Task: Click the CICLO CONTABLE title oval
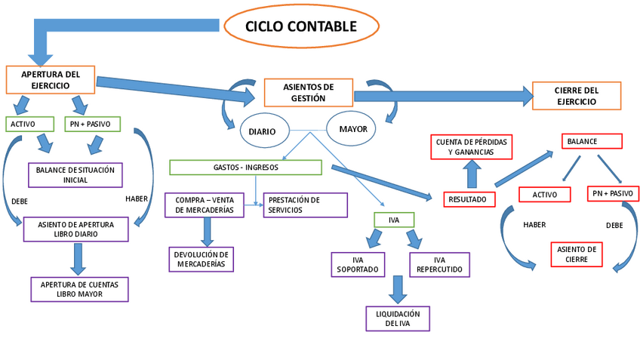tap(301, 26)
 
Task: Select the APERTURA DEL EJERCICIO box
tap(51, 80)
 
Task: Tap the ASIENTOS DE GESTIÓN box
tap(308, 92)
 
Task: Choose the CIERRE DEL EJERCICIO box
tap(577, 96)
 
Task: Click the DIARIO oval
tap(263, 131)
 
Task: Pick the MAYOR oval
tap(352, 129)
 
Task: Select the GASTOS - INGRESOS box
tap(245, 167)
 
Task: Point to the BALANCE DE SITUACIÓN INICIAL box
tap(75, 175)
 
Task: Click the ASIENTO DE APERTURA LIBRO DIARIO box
tap(75, 229)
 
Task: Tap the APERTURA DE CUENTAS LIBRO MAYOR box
tap(79, 289)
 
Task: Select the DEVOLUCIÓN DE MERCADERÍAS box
tap(201, 259)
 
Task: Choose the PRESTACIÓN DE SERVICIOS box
tap(305, 205)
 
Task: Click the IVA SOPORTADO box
tap(358, 264)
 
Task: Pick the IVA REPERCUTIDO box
tap(439, 264)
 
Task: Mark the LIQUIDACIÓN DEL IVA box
tap(398, 318)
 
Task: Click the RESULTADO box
tap(469, 199)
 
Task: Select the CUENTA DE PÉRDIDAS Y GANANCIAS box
tap(470, 146)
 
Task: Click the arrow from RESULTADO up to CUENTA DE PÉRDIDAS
tap(471, 175)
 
